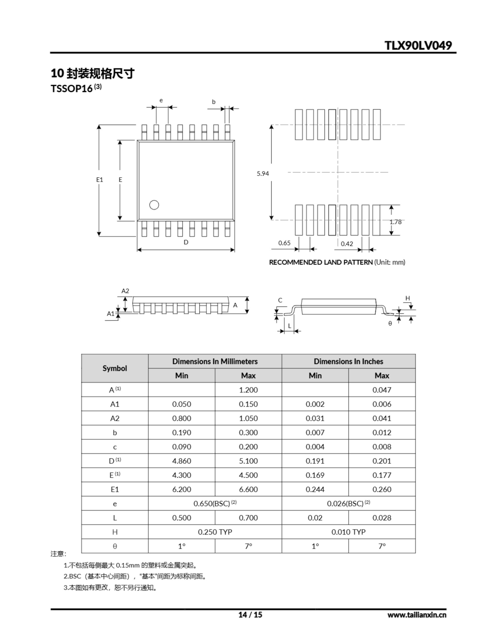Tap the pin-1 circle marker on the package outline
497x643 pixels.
(154, 205)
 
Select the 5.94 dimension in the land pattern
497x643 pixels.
(263, 174)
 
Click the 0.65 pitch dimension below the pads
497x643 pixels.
(284, 243)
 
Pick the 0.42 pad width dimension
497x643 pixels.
(347, 244)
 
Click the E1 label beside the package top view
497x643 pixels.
(100, 180)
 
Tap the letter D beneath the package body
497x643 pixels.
(186, 242)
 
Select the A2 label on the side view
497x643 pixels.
(125, 291)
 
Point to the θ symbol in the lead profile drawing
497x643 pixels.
(390, 324)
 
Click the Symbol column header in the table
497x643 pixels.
(115, 368)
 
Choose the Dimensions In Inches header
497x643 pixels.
(348, 361)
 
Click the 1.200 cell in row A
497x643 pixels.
(248, 390)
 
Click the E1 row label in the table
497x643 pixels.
(115, 489)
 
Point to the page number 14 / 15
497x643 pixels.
(250, 615)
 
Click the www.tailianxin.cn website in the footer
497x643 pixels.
(417, 615)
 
